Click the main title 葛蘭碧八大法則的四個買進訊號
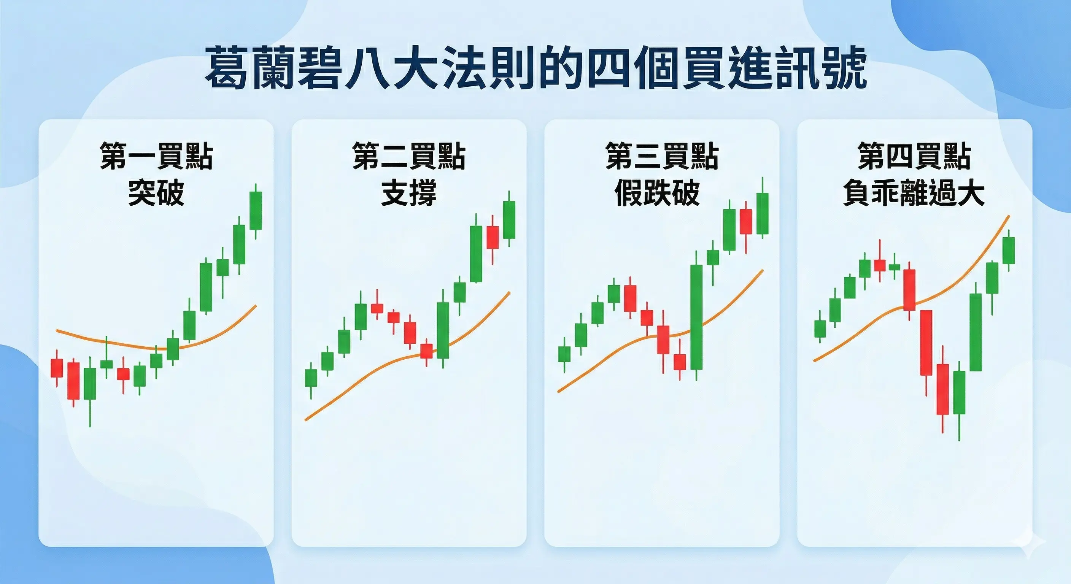pos(535,68)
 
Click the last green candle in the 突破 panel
pos(256,210)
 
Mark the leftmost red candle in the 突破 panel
pos(57,368)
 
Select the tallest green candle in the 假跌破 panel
pos(696,317)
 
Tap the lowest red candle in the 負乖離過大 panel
pos(942,389)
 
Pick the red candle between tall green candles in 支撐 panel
pos(493,238)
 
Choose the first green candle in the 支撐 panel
pos(311,378)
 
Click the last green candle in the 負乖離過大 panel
pos(1009,250)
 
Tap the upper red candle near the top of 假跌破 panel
pos(746,222)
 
